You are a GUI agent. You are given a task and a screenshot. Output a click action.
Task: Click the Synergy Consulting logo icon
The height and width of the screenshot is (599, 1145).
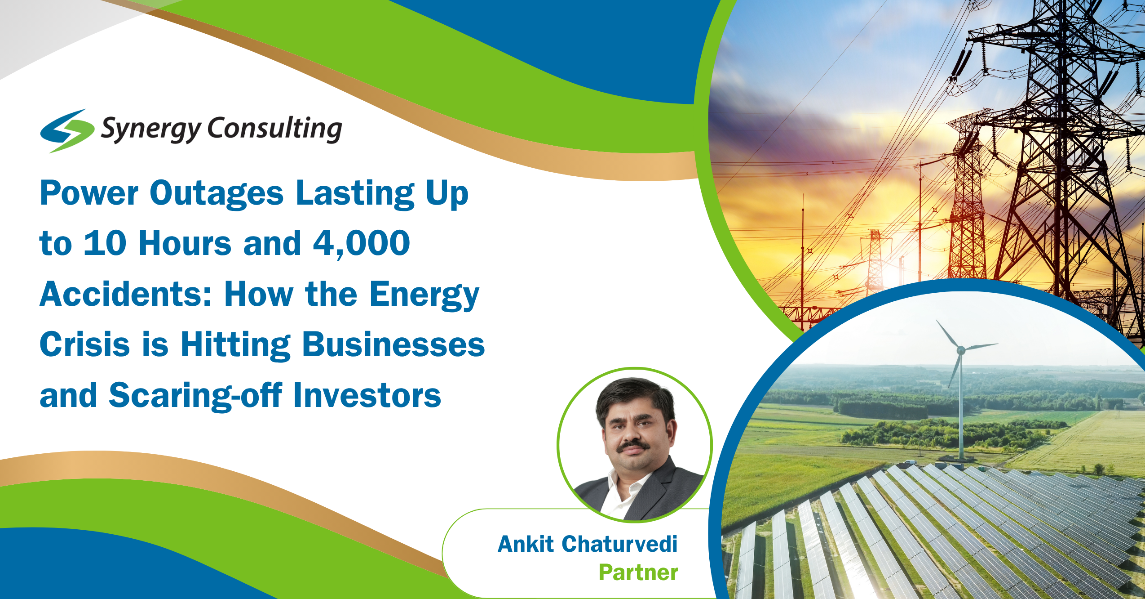(x=67, y=130)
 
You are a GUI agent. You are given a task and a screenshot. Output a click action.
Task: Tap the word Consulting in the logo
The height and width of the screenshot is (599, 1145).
(x=274, y=129)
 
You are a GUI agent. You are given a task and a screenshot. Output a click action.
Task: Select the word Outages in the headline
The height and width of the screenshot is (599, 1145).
(x=217, y=194)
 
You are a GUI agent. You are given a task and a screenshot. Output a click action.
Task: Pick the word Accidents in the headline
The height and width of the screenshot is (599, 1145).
(x=126, y=295)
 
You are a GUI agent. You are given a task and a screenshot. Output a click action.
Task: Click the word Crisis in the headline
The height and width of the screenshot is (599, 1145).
(x=85, y=345)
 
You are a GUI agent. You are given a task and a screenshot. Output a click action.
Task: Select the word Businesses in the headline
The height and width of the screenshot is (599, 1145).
(x=393, y=345)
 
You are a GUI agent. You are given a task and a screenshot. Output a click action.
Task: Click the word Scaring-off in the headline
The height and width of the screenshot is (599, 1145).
(x=195, y=396)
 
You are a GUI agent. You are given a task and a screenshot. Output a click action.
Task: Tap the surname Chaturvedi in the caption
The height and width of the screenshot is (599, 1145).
(x=619, y=544)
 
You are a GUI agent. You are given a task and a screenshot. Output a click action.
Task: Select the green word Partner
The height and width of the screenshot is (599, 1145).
(x=638, y=573)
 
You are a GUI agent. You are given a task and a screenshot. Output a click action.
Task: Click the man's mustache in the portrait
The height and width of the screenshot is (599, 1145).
(x=633, y=447)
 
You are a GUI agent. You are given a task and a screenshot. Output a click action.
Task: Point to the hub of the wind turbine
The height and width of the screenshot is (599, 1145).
(x=960, y=350)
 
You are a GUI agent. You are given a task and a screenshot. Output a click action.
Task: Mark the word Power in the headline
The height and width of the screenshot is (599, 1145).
(x=89, y=193)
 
